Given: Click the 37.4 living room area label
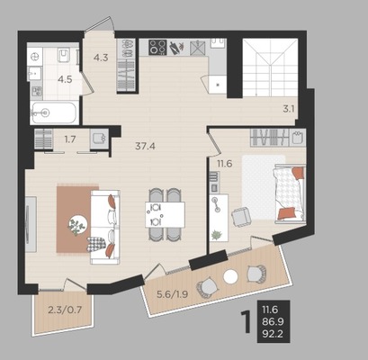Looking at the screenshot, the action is point(145,147).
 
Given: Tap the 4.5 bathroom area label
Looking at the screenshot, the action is point(65,80).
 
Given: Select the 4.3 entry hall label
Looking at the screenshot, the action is point(101,58).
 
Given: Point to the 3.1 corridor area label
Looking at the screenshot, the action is point(289,109).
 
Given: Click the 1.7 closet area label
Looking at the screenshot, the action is point(69,139).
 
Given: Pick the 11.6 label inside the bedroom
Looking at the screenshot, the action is point(225,164).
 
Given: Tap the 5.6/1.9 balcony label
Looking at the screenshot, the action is point(173,294).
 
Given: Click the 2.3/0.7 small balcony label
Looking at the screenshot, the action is point(65,310).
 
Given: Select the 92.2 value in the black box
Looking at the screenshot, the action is point(273,334).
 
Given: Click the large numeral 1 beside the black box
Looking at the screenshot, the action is point(247,322).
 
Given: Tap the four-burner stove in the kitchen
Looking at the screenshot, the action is point(157,48).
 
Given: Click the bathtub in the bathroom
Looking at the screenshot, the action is point(54,112).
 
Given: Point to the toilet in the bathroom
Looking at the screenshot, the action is point(64,55).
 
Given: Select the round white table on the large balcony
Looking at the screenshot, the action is point(230,277).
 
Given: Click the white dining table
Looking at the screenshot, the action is point(165,215).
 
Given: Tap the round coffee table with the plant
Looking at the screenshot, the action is point(78,224).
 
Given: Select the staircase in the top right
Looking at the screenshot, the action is point(270,67).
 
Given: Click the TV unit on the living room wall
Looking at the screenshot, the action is point(31,224).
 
